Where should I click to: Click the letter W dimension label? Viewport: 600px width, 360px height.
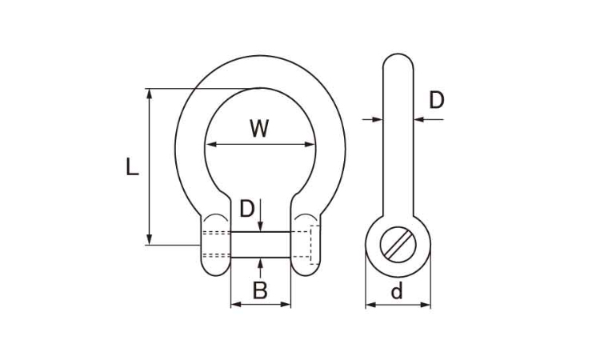(259, 129)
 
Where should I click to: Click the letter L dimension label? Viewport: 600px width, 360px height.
(132, 167)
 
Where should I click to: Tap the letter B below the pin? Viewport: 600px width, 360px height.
(260, 290)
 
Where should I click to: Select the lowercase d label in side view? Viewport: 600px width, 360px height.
(397, 290)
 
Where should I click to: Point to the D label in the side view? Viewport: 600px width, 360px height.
(437, 100)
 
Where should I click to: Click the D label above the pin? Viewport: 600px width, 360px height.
(247, 209)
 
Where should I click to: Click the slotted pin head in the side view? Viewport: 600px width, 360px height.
(398, 245)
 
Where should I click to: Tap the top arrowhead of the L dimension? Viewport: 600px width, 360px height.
(150, 94)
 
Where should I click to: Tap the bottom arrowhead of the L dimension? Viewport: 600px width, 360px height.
(150, 239)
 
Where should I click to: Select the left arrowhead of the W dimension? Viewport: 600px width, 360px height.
(211, 144)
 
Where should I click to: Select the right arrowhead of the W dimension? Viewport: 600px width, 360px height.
(310, 144)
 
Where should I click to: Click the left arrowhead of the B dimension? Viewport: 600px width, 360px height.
(236, 305)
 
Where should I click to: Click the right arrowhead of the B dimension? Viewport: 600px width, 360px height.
(286, 305)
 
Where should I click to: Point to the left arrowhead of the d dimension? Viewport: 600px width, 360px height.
(370, 305)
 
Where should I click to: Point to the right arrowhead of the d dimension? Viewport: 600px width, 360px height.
(426, 305)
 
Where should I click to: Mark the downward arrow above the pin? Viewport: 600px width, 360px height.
(260, 215)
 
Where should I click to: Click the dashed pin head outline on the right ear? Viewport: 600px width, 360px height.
(314, 245)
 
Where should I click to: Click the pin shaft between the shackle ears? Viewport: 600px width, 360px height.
(261, 245)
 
